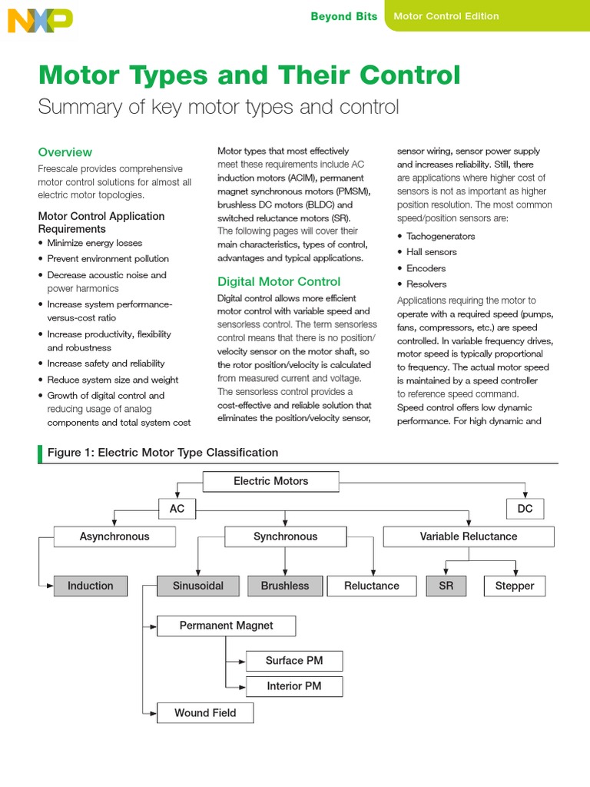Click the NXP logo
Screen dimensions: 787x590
pos(40,20)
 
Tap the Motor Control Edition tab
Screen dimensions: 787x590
pos(446,16)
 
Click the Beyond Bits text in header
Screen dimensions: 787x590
pos(343,16)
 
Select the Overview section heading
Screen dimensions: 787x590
pos(65,152)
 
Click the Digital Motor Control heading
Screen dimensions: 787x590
pos(279,281)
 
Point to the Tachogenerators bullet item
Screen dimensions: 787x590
pos(440,236)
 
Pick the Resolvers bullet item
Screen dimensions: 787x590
pos(426,284)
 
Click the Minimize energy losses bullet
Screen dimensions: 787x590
pos(94,243)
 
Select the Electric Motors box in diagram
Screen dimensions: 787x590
pos(270,481)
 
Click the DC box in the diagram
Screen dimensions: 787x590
pos(525,509)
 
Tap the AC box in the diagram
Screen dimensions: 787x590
pos(177,509)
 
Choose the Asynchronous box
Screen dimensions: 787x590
pos(114,536)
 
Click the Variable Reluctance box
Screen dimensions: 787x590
pos(468,536)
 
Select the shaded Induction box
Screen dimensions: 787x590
pos(90,586)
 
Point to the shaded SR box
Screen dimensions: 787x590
pos(446,586)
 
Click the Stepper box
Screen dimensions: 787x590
pos(514,586)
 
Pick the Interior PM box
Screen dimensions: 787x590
pos(293,686)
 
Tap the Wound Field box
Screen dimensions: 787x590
pos(205,712)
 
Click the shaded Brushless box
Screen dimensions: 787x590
pos(284,586)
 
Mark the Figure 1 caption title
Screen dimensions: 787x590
pos(163,453)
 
